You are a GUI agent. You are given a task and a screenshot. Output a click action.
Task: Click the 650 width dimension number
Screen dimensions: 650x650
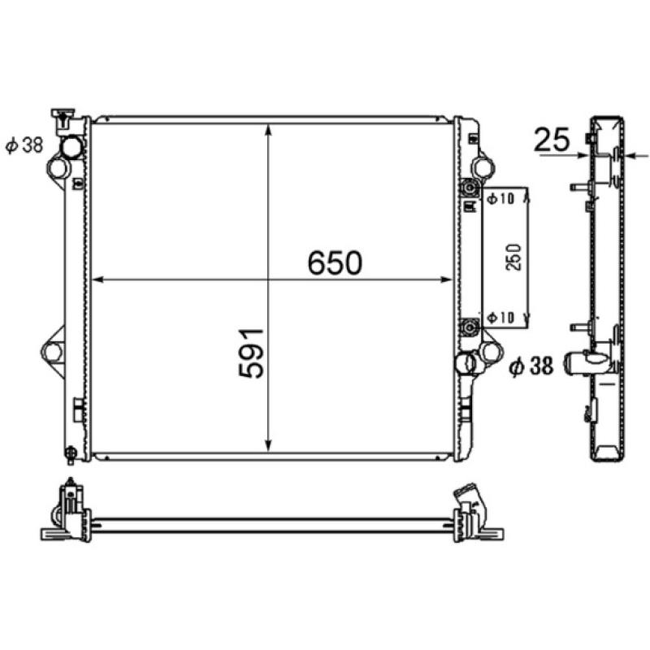click(334, 262)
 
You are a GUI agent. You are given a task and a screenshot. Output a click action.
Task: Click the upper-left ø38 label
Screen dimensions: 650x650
click(24, 146)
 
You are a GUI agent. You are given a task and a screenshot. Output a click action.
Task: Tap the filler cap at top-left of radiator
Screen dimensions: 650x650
click(62, 118)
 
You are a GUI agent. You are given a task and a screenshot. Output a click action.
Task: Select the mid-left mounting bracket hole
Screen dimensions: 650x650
click(52, 352)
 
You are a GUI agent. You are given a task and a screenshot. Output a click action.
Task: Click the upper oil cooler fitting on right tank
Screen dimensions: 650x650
click(468, 188)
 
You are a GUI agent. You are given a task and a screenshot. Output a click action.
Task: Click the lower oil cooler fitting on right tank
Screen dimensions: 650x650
click(468, 327)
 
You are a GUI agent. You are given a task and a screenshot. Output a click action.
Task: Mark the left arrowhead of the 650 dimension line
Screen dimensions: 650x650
click(97, 279)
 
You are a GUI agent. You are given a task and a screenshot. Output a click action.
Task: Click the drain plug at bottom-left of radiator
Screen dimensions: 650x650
click(71, 452)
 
